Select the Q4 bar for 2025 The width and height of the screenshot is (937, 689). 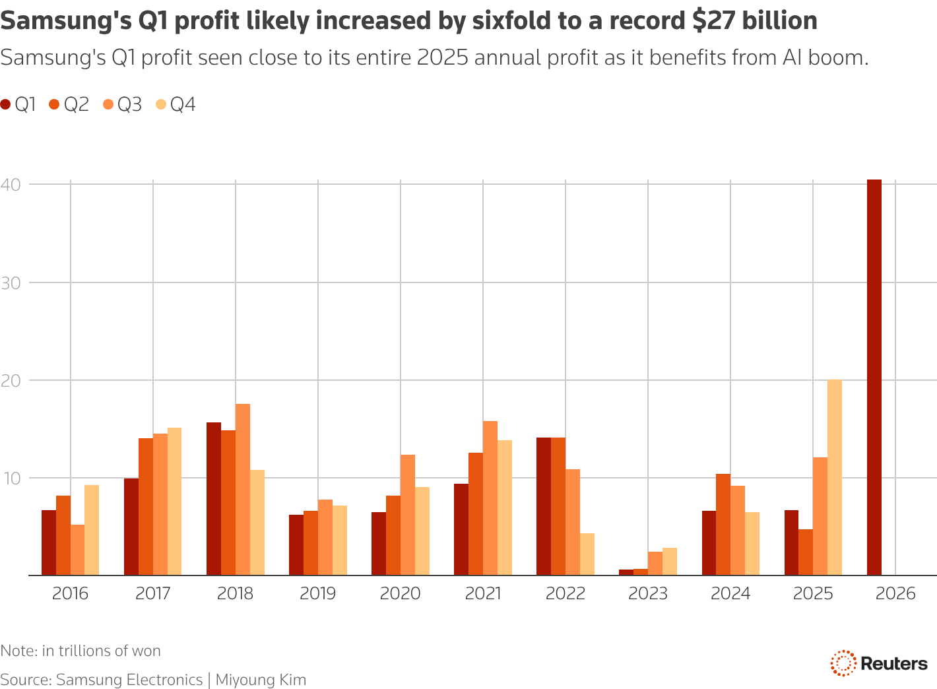coord(835,478)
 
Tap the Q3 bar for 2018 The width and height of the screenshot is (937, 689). coord(243,490)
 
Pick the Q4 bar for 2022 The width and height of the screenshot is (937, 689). coord(587,554)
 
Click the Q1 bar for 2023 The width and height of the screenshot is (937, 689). coord(626,572)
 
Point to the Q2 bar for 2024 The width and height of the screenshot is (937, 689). coord(723,525)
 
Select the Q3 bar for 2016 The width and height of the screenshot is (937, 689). coord(77,550)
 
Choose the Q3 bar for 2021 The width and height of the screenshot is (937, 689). coord(490,498)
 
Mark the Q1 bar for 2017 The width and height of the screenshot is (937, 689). coord(131,527)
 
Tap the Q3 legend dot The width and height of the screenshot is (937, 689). coord(108,104)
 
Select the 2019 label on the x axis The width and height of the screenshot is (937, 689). coord(318,593)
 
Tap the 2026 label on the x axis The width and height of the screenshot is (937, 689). coord(895,593)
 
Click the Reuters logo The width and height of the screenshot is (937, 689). coord(879,663)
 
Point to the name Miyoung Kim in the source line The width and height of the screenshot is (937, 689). coord(261,680)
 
